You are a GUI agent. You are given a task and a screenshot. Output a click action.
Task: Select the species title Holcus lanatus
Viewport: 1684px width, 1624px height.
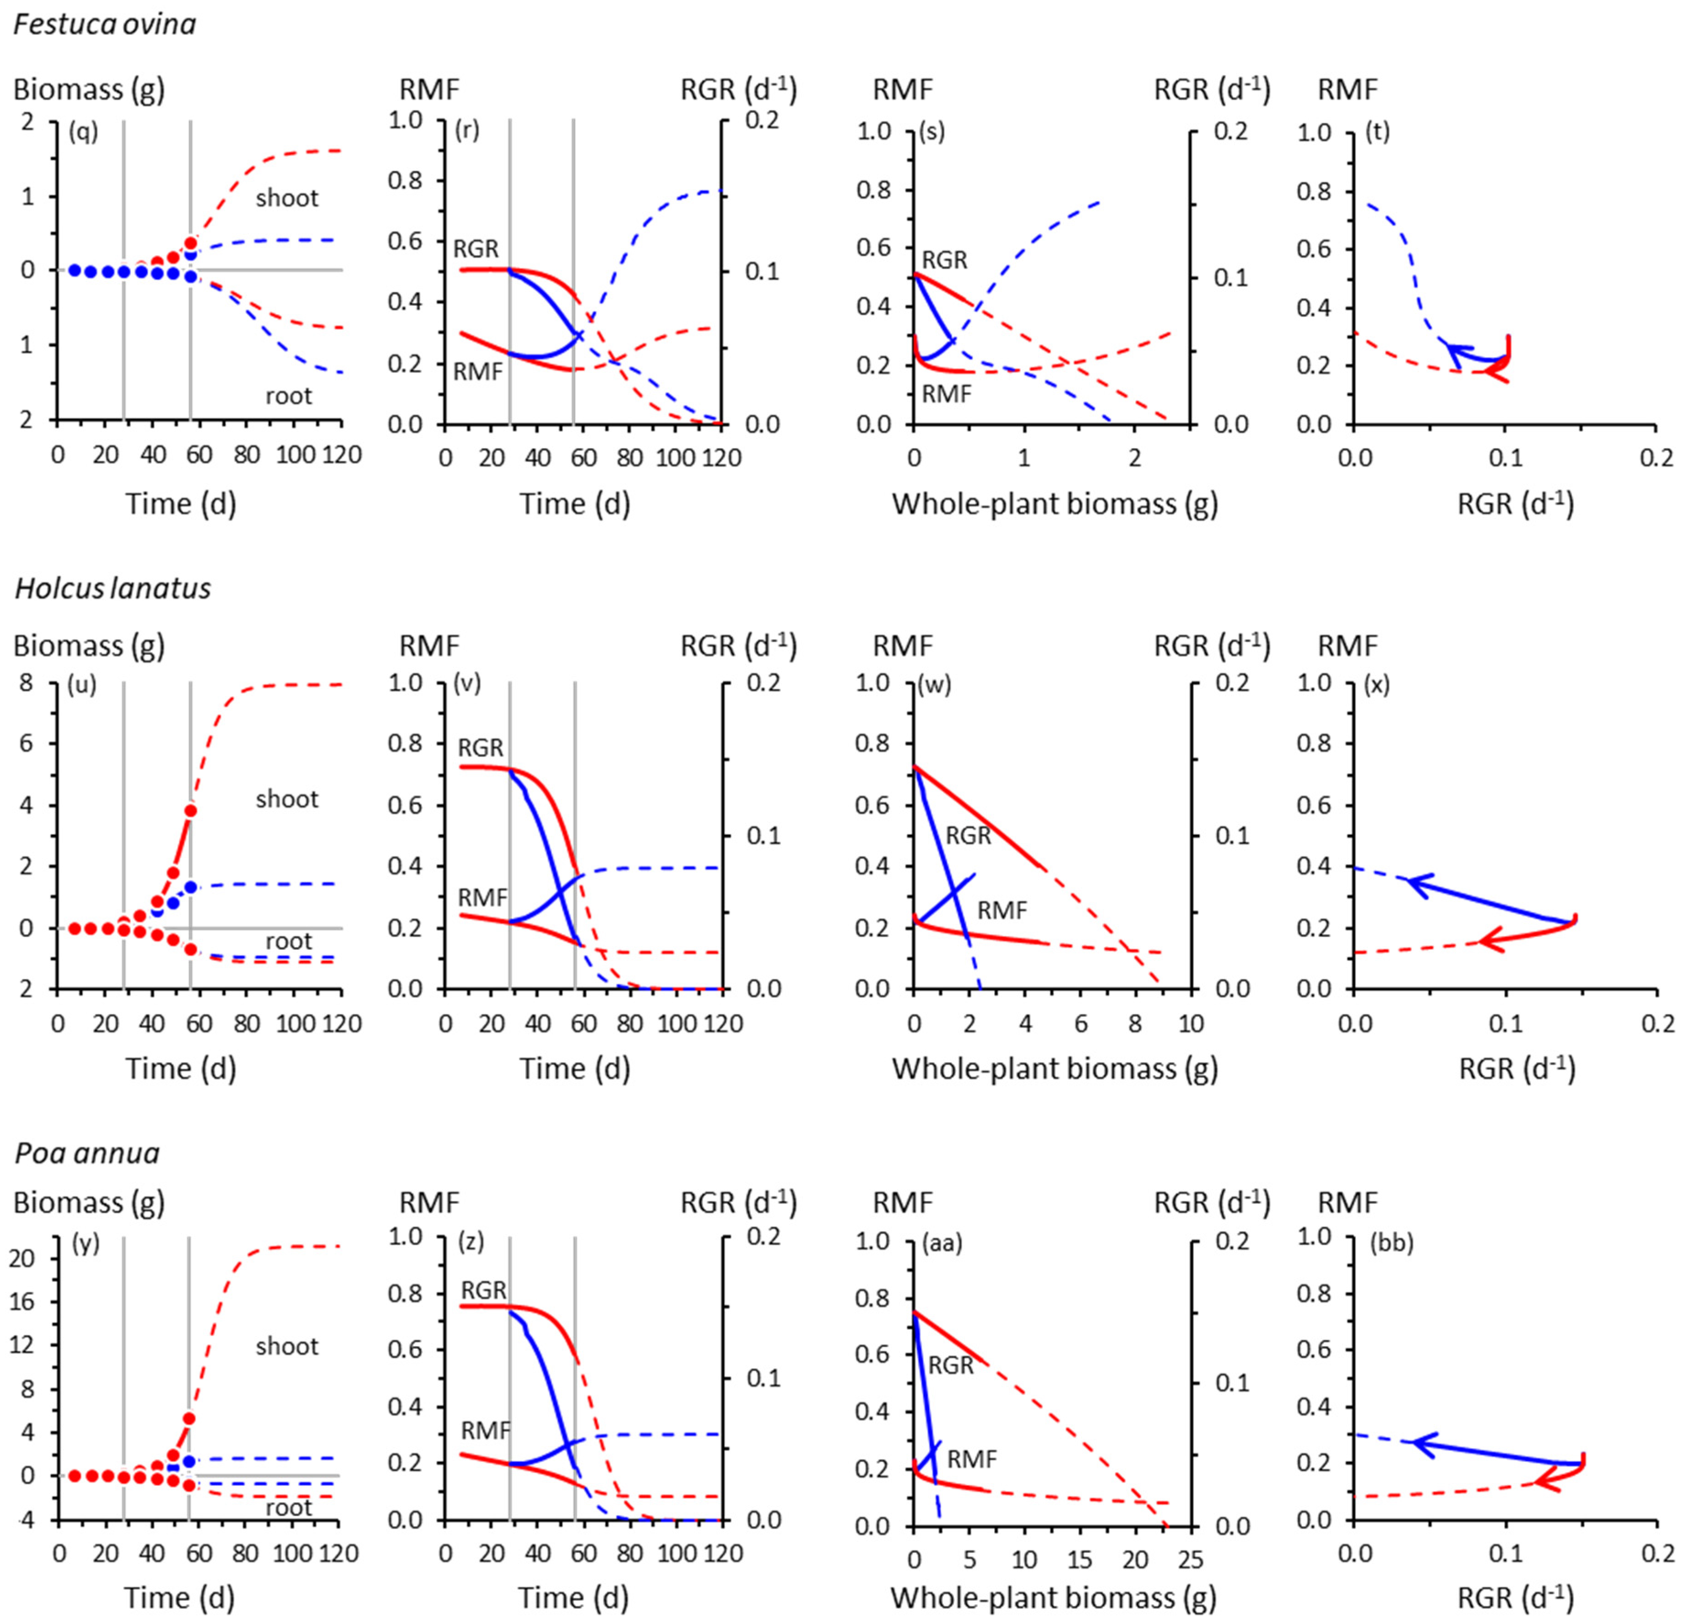pos(113,589)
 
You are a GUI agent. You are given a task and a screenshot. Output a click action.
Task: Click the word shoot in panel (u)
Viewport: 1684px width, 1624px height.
pos(287,799)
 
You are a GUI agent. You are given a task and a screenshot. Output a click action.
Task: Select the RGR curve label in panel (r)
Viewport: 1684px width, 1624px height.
pos(476,249)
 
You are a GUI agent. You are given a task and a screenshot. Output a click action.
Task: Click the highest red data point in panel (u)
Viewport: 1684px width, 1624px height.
pos(190,810)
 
